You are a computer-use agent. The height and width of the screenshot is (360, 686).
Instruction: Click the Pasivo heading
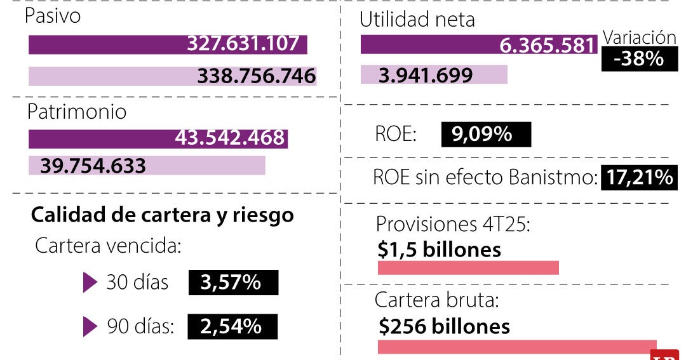click(53, 16)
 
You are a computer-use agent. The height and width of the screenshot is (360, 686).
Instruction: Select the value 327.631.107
click(243, 44)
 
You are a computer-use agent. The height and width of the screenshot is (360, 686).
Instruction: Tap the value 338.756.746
click(256, 76)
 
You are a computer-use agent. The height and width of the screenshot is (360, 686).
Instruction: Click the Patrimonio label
click(76, 112)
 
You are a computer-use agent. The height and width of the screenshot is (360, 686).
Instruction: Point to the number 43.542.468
click(229, 138)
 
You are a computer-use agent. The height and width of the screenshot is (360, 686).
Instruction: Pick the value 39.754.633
click(93, 166)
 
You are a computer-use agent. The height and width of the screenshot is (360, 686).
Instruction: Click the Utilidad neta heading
click(417, 20)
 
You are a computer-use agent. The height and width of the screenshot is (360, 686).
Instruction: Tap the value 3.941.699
click(426, 76)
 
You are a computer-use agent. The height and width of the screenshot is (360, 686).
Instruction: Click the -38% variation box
click(638, 60)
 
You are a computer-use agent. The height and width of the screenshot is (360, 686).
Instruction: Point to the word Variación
click(639, 37)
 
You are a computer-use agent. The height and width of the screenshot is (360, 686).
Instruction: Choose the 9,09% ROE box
click(485, 135)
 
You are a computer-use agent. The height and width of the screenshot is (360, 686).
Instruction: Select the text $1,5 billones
click(439, 250)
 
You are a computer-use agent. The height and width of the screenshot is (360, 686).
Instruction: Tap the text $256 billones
click(444, 326)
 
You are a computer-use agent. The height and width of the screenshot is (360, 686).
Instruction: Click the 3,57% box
click(233, 282)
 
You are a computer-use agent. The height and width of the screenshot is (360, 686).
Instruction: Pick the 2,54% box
click(232, 326)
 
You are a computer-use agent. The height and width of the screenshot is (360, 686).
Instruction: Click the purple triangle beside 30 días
click(90, 283)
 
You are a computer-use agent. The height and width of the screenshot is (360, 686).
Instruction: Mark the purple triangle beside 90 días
click(90, 326)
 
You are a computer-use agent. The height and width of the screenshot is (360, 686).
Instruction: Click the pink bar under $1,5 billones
click(467, 268)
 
